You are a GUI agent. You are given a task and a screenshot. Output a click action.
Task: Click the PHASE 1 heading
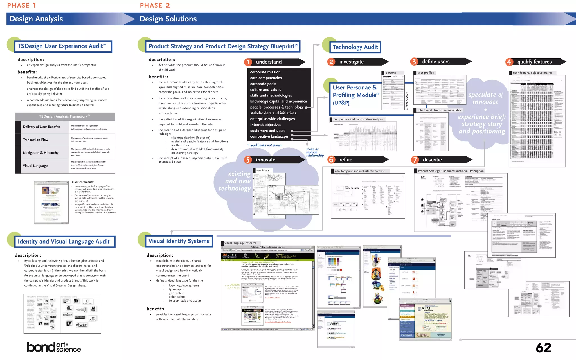22,5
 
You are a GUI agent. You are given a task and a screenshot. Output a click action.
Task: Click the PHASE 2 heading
155,5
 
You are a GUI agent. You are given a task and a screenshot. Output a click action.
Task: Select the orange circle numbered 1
248,62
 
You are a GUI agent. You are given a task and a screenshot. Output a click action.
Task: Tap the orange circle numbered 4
509,62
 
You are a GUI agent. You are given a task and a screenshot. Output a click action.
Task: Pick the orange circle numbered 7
415,160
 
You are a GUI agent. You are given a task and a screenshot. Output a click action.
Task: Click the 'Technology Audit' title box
355,47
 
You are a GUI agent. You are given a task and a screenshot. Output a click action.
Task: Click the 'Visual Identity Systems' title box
179,241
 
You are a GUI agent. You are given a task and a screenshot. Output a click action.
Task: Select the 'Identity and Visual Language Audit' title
64,242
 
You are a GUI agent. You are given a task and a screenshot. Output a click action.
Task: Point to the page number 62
543,348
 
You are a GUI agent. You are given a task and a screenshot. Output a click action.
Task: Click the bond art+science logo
54,347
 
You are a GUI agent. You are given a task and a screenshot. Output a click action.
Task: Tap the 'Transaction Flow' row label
36,140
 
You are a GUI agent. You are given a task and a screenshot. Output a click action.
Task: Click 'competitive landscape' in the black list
269,136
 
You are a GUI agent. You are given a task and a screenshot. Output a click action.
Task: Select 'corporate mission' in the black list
265,72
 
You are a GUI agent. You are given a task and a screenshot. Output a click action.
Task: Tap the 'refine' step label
346,160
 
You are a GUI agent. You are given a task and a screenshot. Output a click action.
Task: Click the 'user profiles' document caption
426,73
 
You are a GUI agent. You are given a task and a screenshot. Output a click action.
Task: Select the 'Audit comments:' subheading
83,182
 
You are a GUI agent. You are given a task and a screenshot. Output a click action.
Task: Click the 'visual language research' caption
240,243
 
